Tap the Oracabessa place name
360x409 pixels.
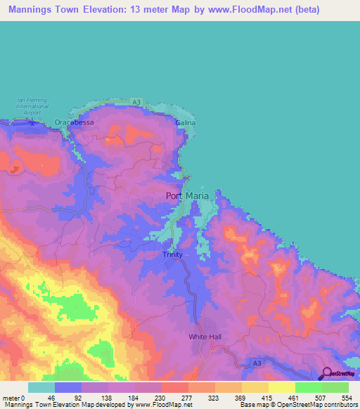pos(74,122)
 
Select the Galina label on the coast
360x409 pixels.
pos(186,122)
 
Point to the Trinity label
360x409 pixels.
pos(172,254)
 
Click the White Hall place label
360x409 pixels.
pos(205,337)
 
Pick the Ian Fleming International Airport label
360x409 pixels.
pos(32,107)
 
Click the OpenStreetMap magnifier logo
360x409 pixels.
pos(326,375)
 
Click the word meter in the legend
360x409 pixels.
pos(11,398)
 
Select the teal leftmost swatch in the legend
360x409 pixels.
pos(41,387)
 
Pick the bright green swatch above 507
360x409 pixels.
pos(308,387)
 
